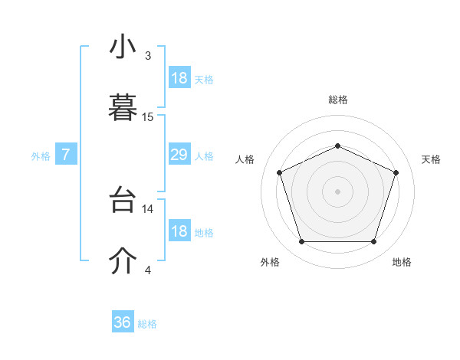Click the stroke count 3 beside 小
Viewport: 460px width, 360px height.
tap(148, 56)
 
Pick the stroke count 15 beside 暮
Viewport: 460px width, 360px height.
tap(148, 116)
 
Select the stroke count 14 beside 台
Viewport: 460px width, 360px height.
tap(148, 208)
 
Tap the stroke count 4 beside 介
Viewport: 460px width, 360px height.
tap(148, 270)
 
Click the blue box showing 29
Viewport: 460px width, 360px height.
tap(179, 155)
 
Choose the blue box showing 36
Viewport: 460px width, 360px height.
tap(123, 322)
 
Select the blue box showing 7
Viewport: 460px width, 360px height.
tap(66, 155)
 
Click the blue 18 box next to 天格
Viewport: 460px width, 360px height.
tap(179, 78)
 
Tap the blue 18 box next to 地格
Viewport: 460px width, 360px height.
tap(179, 232)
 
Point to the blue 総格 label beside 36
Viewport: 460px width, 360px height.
tap(147, 324)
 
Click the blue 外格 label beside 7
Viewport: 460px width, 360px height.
tap(41, 156)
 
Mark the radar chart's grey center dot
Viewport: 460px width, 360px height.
tap(337, 191)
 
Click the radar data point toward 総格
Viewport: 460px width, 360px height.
tap(337, 146)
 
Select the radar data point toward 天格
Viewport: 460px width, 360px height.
tap(396, 172)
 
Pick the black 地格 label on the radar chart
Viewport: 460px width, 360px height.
tap(402, 263)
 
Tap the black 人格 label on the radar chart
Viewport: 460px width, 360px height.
tap(245, 159)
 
